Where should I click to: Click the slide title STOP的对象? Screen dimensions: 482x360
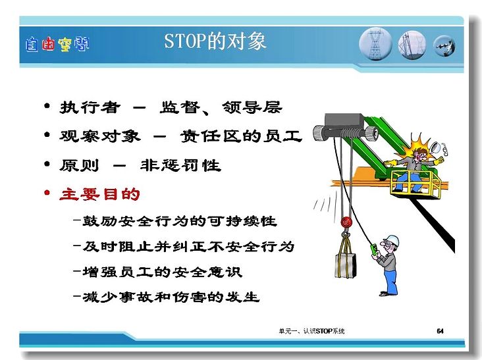(x=215, y=41)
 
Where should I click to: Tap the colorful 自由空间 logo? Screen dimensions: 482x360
(x=57, y=45)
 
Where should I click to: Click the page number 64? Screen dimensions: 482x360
(x=441, y=331)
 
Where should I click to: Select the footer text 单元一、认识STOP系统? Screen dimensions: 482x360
(x=311, y=331)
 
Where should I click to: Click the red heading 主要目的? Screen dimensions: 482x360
(x=99, y=194)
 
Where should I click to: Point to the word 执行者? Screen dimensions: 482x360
(x=90, y=107)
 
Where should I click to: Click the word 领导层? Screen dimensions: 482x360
(x=252, y=107)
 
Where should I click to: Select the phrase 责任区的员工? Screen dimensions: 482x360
(x=241, y=136)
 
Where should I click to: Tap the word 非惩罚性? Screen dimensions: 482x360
(x=180, y=165)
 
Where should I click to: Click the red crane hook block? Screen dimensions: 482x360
(x=346, y=222)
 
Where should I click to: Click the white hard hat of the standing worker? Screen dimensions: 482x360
(x=392, y=241)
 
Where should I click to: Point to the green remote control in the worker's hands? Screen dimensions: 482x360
(x=375, y=249)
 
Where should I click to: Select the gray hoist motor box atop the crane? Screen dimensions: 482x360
(x=344, y=122)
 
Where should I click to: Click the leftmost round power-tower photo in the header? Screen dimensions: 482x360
(x=375, y=44)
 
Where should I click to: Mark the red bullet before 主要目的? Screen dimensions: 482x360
(x=47, y=193)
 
